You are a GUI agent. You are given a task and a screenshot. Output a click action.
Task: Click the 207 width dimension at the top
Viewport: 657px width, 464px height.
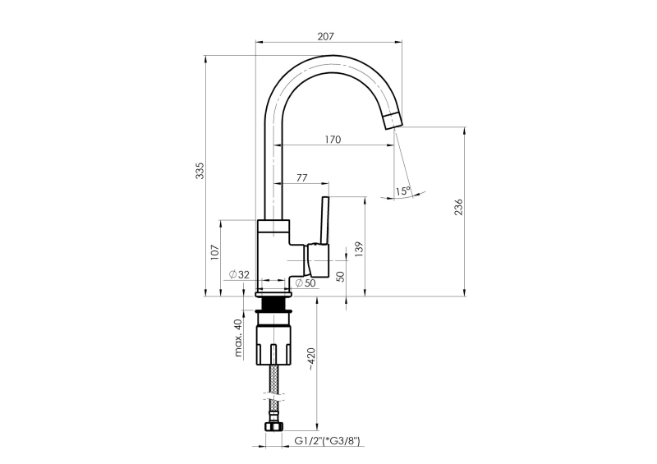325,36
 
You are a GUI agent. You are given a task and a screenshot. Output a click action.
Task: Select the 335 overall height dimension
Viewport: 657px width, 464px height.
200,171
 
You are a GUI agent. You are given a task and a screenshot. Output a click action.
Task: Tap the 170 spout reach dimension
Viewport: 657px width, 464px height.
333,139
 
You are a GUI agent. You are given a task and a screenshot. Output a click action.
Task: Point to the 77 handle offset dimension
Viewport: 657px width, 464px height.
301,177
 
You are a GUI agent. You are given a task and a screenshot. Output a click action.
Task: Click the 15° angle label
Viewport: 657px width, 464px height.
403,191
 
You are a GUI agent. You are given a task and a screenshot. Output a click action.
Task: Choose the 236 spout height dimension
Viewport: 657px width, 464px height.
459,207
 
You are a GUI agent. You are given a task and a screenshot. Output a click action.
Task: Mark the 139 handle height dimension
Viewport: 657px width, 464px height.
359,250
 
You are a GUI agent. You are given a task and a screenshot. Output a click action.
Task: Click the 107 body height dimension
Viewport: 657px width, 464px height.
215,252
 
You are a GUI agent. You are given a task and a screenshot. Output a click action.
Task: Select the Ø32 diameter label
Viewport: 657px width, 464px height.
239,274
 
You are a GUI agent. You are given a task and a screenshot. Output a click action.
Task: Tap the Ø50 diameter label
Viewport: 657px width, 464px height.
306,283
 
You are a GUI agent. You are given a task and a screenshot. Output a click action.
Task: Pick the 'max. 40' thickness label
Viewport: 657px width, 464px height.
238,338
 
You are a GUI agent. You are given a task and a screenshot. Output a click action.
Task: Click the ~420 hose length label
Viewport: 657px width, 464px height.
312,359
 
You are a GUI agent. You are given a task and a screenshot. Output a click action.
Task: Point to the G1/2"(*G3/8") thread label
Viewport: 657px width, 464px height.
327,441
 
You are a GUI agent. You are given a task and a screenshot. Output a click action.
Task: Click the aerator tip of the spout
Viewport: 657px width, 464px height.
393,121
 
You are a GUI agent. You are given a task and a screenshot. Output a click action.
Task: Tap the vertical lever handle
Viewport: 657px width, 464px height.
324,220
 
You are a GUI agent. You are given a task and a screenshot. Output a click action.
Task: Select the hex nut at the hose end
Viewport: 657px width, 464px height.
273,427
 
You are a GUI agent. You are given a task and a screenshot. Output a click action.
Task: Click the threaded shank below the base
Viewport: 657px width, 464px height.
273,305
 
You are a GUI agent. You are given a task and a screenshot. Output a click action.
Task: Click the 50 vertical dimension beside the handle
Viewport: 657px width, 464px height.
340,276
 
